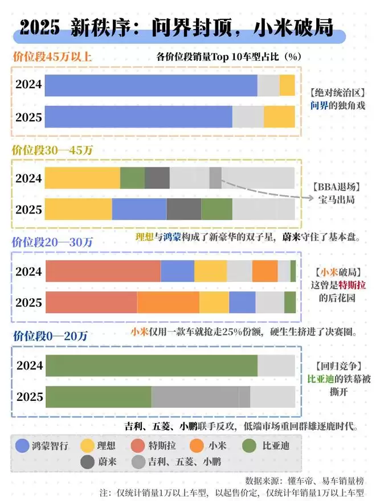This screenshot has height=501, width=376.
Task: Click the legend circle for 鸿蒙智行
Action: coord(24,446)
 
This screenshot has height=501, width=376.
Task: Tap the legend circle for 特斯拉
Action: coord(138,446)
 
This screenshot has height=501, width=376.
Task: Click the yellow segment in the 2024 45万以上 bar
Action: coord(287,85)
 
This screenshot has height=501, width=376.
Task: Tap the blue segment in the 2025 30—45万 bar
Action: coord(139,209)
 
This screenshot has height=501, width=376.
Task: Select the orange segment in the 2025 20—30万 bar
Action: coord(168,302)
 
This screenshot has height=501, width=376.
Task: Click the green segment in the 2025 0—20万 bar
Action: coord(99,396)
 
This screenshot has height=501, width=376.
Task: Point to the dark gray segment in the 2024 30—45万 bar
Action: coord(157,178)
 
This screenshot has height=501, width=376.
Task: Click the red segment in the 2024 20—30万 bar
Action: coord(103,271)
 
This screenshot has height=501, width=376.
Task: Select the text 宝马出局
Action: coord(337,200)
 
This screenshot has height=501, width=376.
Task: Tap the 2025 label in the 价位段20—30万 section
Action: coord(28,302)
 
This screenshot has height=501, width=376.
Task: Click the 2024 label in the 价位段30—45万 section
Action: coord(28,178)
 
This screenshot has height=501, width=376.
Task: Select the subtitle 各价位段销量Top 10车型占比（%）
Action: coord(228,57)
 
